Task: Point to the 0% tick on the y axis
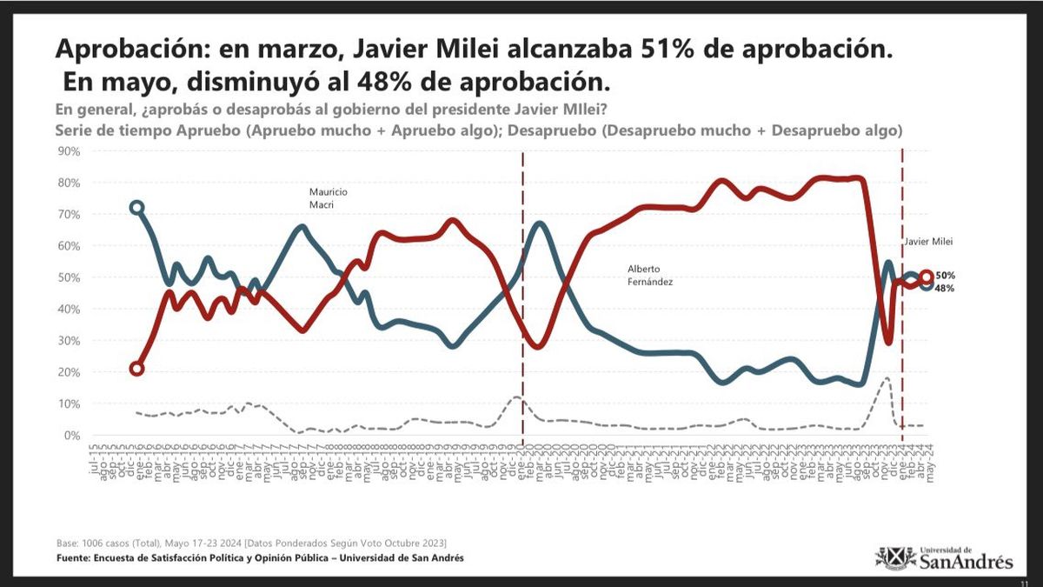(x=71, y=436)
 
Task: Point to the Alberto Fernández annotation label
(x=650, y=276)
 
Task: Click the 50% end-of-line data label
(x=946, y=276)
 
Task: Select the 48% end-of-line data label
(x=946, y=288)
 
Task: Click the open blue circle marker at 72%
(x=136, y=208)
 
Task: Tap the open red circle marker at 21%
(x=136, y=369)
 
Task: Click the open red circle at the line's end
(x=927, y=277)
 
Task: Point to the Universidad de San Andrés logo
(x=943, y=557)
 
